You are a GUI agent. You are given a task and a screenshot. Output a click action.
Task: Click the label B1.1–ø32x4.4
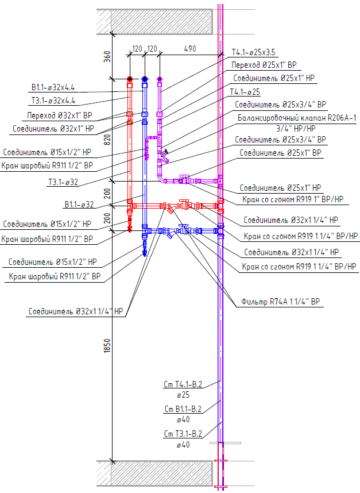pos(56,88)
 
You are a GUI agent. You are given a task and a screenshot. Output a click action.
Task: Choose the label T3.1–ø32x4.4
pos(56,100)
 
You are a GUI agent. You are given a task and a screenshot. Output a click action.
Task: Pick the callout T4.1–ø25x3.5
pos(257,52)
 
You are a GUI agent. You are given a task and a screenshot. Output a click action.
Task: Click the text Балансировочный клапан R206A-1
pos(297,119)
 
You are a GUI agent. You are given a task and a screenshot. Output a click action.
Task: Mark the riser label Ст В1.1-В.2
pos(183,409)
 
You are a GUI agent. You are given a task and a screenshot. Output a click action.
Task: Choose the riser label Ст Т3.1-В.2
pos(183,434)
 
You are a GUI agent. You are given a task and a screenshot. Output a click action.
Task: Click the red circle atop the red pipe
pos(130,79)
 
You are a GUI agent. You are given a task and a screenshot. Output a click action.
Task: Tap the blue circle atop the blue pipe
pos(144,79)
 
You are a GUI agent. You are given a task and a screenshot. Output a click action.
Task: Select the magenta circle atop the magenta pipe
pos(160,79)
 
